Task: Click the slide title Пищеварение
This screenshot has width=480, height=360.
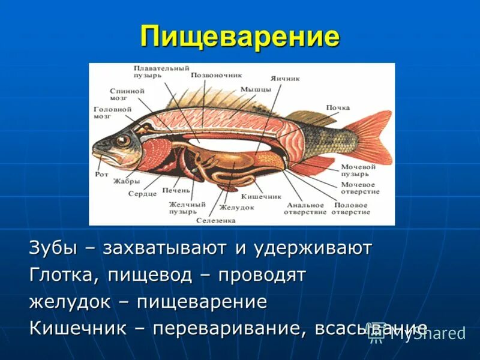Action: (240, 37)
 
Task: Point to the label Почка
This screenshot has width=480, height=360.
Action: (338, 107)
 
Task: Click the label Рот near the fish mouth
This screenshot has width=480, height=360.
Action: (101, 175)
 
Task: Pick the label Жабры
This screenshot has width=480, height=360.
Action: (127, 181)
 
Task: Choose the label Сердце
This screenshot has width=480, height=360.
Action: (142, 194)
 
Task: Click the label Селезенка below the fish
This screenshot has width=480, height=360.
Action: (216, 220)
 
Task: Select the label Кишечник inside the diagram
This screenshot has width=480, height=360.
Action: (261, 196)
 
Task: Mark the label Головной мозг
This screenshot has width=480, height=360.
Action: (112, 113)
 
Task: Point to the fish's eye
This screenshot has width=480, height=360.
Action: (123, 141)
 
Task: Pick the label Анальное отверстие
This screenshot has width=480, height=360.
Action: (306, 208)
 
